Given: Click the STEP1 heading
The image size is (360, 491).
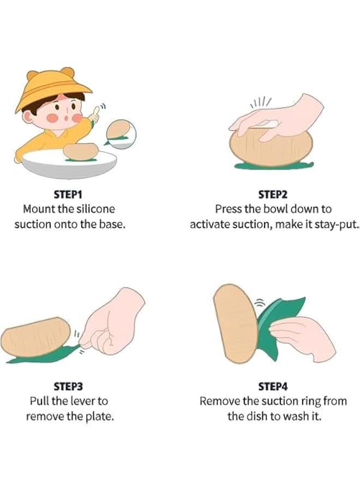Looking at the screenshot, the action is click(68, 194).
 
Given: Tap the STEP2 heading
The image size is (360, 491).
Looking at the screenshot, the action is click(273, 194).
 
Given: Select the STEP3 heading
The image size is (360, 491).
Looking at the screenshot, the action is click(68, 386).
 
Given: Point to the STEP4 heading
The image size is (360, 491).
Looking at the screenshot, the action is click(273, 386).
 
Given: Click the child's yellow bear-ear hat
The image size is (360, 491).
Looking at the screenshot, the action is click(52, 88).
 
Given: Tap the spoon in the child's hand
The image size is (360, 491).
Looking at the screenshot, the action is click(96, 113).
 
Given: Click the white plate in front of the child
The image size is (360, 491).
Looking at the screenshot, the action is click(69, 164).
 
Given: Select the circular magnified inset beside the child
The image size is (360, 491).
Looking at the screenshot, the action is click(121, 134).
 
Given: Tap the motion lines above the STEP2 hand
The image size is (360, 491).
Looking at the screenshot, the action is click(260, 102).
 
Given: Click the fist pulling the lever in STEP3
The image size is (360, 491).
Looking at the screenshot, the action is click(113, 322).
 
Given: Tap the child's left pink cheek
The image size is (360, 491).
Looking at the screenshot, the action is click(52, 118).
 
